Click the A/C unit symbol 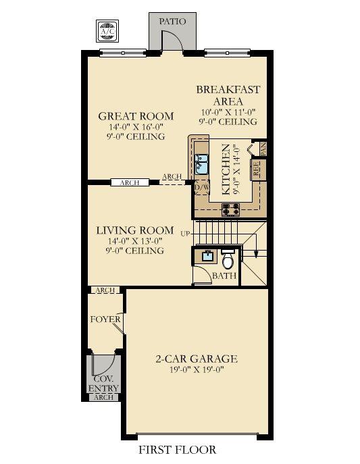[107, 31]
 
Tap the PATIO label [172, 22]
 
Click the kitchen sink [202, 164]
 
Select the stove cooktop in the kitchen [231, 209]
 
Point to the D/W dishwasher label [202, 187]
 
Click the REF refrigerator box [256, 169]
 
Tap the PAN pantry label [263, 149]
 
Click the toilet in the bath [228, 259]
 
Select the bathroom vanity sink [207, 256]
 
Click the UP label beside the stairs [186, 234]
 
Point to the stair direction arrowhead [256, 255]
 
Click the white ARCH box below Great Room [130, 182]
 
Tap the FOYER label [105, 319]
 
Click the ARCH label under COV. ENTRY [103, 397]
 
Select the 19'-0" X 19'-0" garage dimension [196, 369]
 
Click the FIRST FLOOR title [178, 450]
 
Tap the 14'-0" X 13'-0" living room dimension [135, 240]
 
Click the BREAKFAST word [228, 89]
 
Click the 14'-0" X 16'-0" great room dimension [136, 127]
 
